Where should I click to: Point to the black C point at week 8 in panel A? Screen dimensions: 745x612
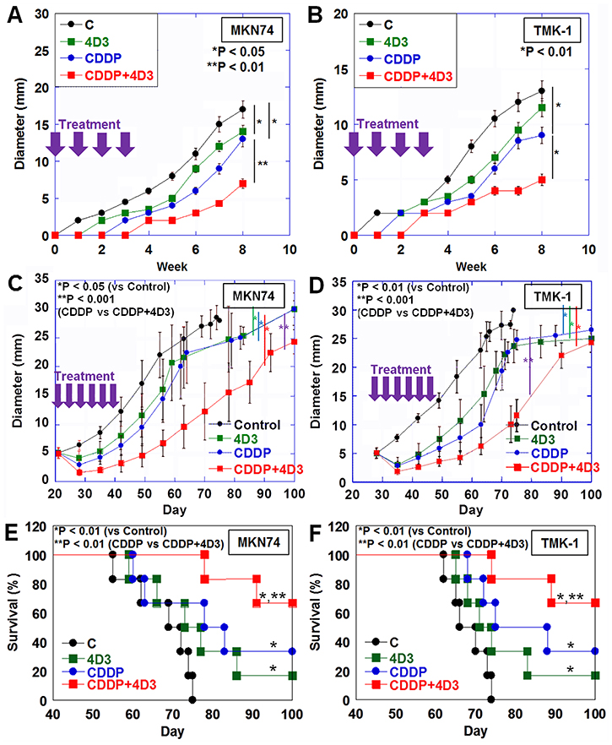pyautogui.click(x=242, y=109)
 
